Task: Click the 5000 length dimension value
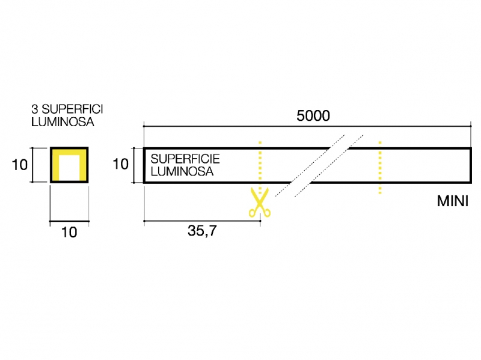click(x=313, y=116)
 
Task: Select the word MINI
click(x=452, y=201)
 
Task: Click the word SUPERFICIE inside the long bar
click(x=185, y=160)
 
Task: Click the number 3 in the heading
click(x=35, y=110)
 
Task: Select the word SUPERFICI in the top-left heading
click(x=70, y=110)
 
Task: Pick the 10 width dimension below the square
click(x=69, y=232)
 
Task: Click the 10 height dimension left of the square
click(x=20, y=163)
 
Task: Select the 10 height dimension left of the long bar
click(x=120, y=163)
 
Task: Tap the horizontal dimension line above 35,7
click(x=201, y=222)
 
